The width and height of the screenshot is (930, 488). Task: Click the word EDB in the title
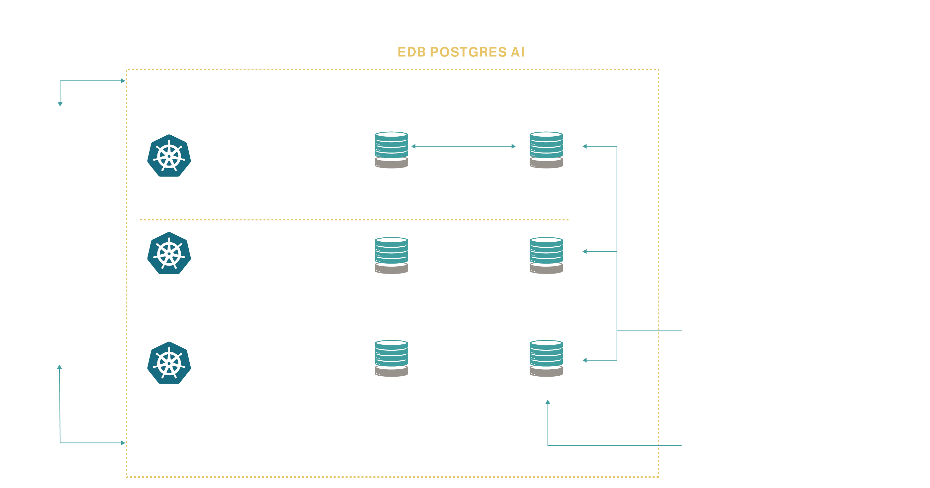(411, 52)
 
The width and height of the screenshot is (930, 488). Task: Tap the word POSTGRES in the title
(468, 52)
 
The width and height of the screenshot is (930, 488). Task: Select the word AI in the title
(517, 52)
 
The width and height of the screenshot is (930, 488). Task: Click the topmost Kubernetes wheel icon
(169, 156)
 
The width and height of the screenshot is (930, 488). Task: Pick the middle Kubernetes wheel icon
(169, 253)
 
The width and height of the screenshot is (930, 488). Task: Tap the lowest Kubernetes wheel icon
(169, 363)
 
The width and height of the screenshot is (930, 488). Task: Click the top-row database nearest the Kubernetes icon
(391, 150)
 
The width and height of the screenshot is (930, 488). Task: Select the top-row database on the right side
(546, 150)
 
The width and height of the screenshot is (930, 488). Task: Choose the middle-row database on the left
(391, 255)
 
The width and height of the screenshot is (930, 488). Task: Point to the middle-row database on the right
(546, 255)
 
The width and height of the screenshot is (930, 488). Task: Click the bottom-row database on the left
(391, 358)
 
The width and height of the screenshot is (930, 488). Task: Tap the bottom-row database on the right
(546, 358)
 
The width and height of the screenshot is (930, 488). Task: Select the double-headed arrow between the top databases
(464, 146)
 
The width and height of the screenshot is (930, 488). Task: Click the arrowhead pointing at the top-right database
(584, 146)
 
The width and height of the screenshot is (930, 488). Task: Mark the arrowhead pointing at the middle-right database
(584, 251)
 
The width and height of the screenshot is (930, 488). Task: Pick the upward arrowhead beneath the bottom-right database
(548, 402)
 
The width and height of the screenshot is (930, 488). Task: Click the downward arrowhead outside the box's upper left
(60, 104)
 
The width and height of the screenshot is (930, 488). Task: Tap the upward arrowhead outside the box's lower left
(59, 367)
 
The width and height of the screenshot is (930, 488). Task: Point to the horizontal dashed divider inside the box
(354, 220)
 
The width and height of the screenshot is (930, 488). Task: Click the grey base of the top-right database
(546, 164)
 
